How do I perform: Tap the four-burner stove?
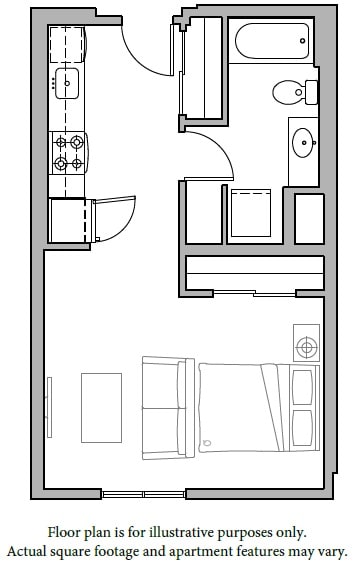tap(68, 154)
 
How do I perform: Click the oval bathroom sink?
tap(303, 144)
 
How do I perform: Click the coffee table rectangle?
tap(101, 401)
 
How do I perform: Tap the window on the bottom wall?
tap(144, 494)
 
